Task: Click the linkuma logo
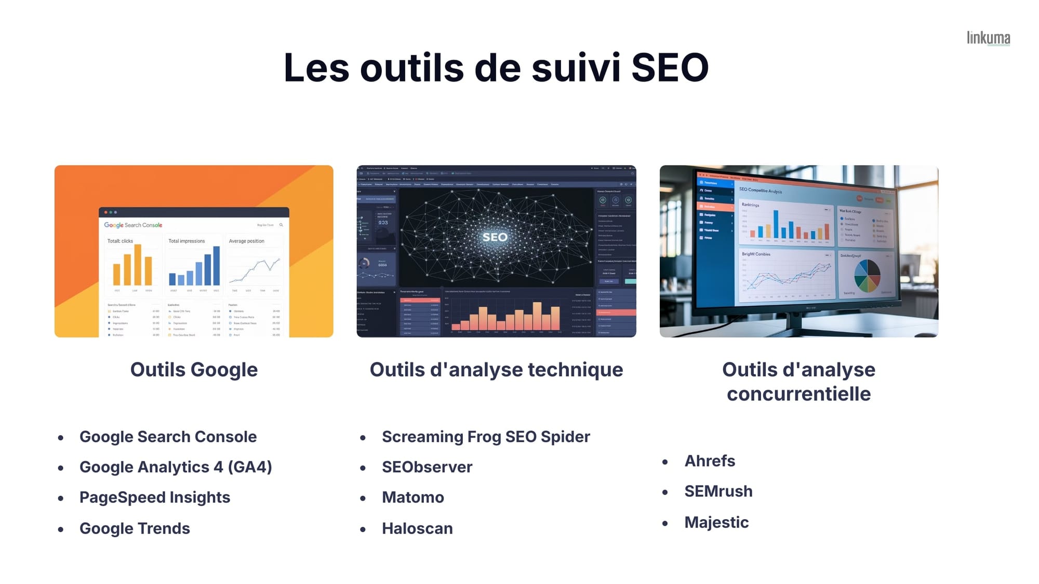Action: (988, 38)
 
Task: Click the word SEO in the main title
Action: (670, 67)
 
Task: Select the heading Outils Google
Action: (194, 370)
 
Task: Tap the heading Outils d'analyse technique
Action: (496, 370)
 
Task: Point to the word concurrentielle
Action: (798, 394)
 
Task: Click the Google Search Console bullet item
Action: (168, 437)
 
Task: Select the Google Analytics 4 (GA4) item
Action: (176, 467)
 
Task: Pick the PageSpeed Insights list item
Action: (155, 497)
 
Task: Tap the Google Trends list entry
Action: (135, 528)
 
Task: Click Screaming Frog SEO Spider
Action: (486, 437)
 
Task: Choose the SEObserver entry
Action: (427, 467)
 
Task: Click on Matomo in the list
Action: (413, 497)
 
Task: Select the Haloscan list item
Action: (417, 528)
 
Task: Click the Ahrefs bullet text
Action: (710, 461)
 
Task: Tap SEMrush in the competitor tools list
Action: (718, 491)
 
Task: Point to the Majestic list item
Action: (716, 522)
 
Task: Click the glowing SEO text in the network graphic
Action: (495, 237)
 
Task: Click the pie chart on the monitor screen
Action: (867, 275)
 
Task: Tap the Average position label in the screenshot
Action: (246, 241)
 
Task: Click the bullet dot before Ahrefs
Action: (665, 462)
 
